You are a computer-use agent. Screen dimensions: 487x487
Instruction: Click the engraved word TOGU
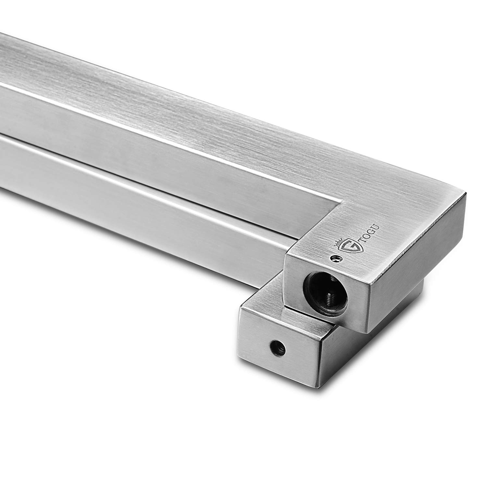click(360, 240)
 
